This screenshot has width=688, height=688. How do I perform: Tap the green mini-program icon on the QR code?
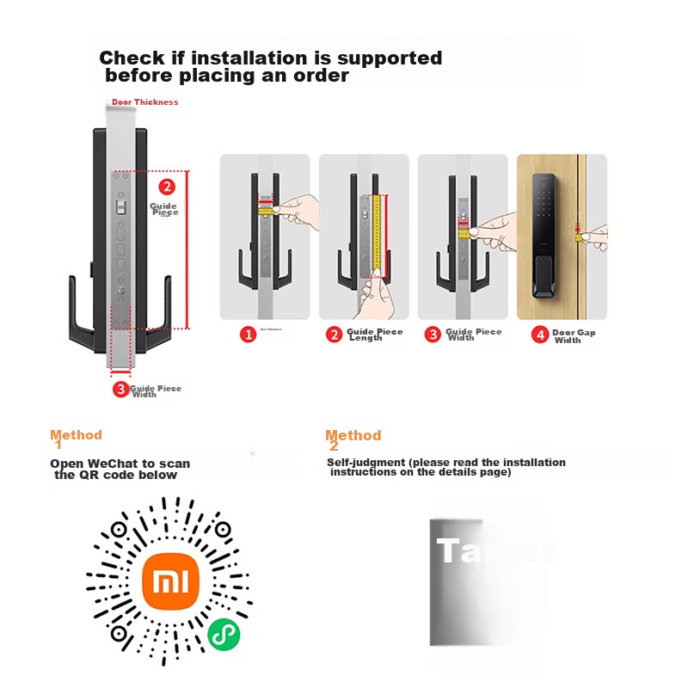coord(224,635)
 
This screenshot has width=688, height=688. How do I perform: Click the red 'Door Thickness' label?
coord(144,102)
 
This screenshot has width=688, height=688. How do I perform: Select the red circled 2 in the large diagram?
coord(167,186)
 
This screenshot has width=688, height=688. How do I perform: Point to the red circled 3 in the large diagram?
coord(120,389)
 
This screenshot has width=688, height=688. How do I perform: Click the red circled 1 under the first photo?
coord(248,335)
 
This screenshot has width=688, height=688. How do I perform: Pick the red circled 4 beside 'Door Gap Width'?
coord(540,335)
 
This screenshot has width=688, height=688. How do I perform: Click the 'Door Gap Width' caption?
coord(574,336)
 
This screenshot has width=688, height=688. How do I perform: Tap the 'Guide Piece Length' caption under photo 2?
coord(374,335)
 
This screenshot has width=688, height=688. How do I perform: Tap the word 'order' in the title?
coord(320,76)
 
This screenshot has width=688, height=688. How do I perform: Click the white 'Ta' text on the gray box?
coord(455,550)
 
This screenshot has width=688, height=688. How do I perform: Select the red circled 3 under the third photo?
coord(433,335)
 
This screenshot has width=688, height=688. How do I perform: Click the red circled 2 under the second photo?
coord(335,335)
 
